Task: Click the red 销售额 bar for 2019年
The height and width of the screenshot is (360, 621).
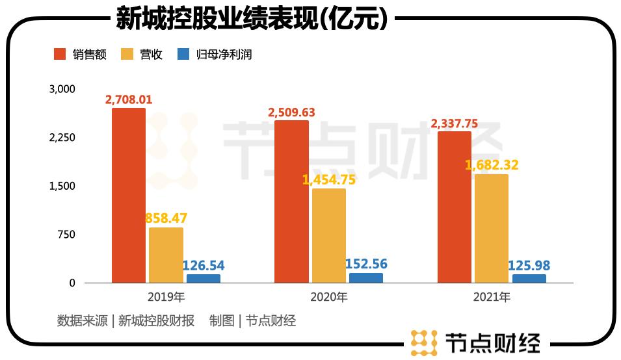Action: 129,195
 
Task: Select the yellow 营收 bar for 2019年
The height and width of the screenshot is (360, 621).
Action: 166,255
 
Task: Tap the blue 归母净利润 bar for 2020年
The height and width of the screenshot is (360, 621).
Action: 366,278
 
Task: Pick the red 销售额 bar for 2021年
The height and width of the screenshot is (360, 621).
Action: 455,207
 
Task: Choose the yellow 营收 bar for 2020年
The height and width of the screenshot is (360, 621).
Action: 328,236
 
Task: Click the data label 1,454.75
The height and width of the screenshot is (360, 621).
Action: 329,180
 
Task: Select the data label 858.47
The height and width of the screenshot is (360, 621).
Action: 166,218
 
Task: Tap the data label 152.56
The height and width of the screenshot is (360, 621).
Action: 367,263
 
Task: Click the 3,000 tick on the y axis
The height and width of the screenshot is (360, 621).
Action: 62,89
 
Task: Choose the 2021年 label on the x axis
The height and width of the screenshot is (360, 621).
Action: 492,298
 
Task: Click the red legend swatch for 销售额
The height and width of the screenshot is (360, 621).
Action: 60,55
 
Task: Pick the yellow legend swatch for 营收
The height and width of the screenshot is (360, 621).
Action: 127,55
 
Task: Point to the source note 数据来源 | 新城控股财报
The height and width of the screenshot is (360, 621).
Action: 126,320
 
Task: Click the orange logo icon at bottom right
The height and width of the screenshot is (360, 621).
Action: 424,342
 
